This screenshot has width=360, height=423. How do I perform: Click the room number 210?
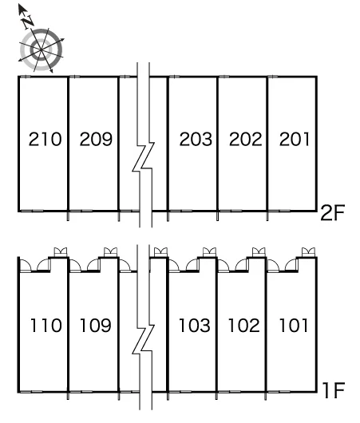point(45,139)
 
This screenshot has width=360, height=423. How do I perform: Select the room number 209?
point(96,139)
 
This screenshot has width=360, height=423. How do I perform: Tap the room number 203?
point(196,139)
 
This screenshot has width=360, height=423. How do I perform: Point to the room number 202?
point(246,139)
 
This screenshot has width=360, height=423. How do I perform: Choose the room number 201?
point(295,139)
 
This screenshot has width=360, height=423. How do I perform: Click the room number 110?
point(46,325)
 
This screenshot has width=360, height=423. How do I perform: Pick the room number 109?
point(96,325)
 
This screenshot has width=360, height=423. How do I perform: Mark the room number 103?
point(195,325)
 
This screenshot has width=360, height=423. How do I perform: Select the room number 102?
point(244,325)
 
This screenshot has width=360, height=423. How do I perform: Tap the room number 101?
point(294,325)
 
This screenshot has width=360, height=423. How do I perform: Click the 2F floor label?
point(333,213)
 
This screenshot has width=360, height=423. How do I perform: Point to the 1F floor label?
point(334,390)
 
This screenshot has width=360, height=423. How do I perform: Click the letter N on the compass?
point(28,22)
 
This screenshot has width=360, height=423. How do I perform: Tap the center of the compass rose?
point(41,50)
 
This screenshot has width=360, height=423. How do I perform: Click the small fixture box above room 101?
point(308,252)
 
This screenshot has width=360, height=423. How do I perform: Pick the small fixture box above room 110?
point(61,252)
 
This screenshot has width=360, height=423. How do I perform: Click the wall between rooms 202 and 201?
point(267,144)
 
